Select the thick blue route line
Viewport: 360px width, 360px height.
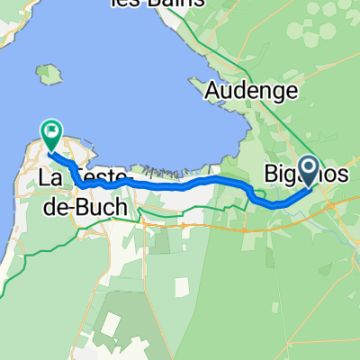180,185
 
